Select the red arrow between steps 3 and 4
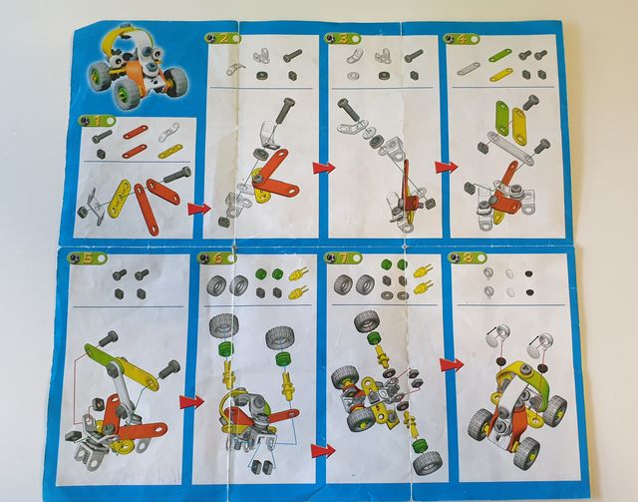pos(445,168)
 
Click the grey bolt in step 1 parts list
pos(102,136)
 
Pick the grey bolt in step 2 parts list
pos(292,56)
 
